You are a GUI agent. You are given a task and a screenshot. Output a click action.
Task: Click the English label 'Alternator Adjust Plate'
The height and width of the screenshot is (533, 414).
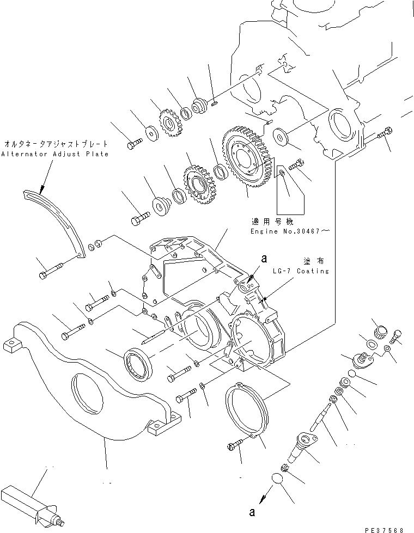54,154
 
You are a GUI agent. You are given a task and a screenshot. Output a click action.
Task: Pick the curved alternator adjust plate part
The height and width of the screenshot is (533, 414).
57,218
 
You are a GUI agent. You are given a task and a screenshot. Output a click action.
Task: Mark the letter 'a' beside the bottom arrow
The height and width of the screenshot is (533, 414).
251,512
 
